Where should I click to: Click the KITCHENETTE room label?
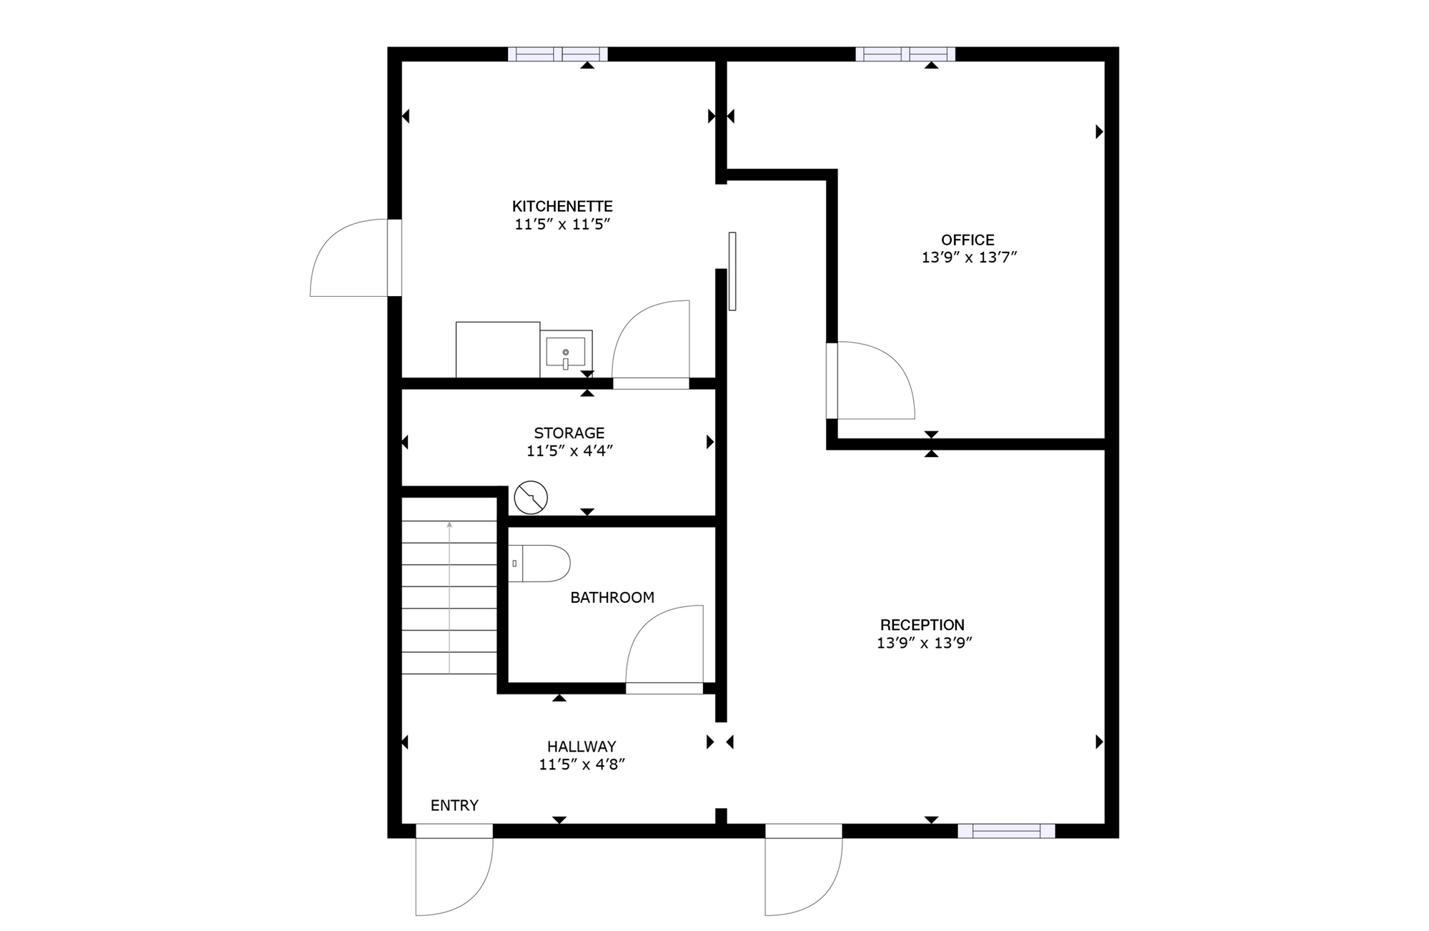coord(562,207)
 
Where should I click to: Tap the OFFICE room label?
coord(967,240)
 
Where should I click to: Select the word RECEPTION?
coord(922,625)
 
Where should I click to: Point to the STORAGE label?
coord(569,433)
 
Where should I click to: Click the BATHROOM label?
coord(612,598)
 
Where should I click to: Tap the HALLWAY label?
coord(582,747)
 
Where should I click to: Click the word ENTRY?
coord(454,806)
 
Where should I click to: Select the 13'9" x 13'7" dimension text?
coord(969,258)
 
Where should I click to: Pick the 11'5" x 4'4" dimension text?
coord(569,451)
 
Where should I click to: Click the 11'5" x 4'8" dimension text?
coord(582,764)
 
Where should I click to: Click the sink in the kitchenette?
coord(566,353)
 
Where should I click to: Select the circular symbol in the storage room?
coord(531,498)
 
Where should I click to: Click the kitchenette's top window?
coord(557,54)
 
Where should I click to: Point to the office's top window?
coord(905,54)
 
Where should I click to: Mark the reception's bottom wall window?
coord(1006,831)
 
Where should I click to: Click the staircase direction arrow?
coord(449,597)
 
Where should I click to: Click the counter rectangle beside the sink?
coord(498,350)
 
